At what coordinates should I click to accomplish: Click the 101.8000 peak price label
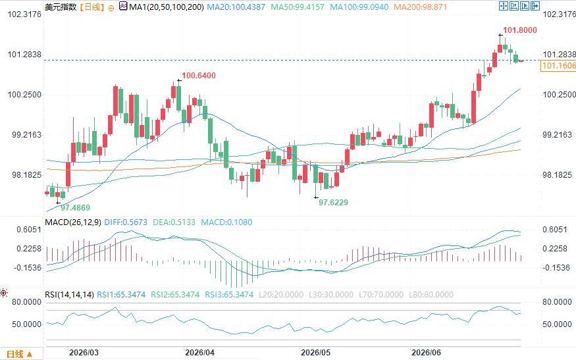pyautogui.click(x=520, y=30)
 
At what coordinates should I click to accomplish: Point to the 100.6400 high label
pyautogui.click(x=199, y=76)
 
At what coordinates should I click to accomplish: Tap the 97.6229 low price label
pyautogui.click(x=333, y=203)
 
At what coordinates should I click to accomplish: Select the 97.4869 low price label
pyautogui.click(x=75, y=208)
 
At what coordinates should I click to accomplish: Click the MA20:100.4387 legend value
pyautogui.click(x=236, y=7)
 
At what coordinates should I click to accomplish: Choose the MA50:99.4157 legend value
pyautogui.click(x=298, y=7)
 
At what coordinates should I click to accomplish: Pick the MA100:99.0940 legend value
pyautogui.click(x=359, y=7)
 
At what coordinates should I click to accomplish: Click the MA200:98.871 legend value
pyautogui.click(x=420, y=7)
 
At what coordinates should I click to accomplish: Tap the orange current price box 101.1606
pyautogui.click(x=558, y=66)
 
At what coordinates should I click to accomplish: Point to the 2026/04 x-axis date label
pyautogui.click(x=200, y=353)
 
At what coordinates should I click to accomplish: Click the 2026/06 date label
pyautogui.click(x=426, y=353)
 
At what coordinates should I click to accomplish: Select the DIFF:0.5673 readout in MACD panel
pyautogui.click(x=126, y=222)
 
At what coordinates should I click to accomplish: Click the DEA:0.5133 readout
pyautogui.click(x=174, y=222)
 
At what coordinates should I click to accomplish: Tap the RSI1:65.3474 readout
pyautogui.click(x=121, y=295)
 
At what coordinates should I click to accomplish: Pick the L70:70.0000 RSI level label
pyautogui.click(x=381, y=295)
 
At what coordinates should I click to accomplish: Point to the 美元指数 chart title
pyautogui.click(x=61, y=7)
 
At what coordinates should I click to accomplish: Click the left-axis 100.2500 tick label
pyautogui.click(x=24, y=95)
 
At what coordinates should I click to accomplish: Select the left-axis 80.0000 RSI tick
pyautogui.click(x=27, y=302)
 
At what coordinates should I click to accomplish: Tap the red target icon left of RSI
pyautogui.click(x=4, y=293)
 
